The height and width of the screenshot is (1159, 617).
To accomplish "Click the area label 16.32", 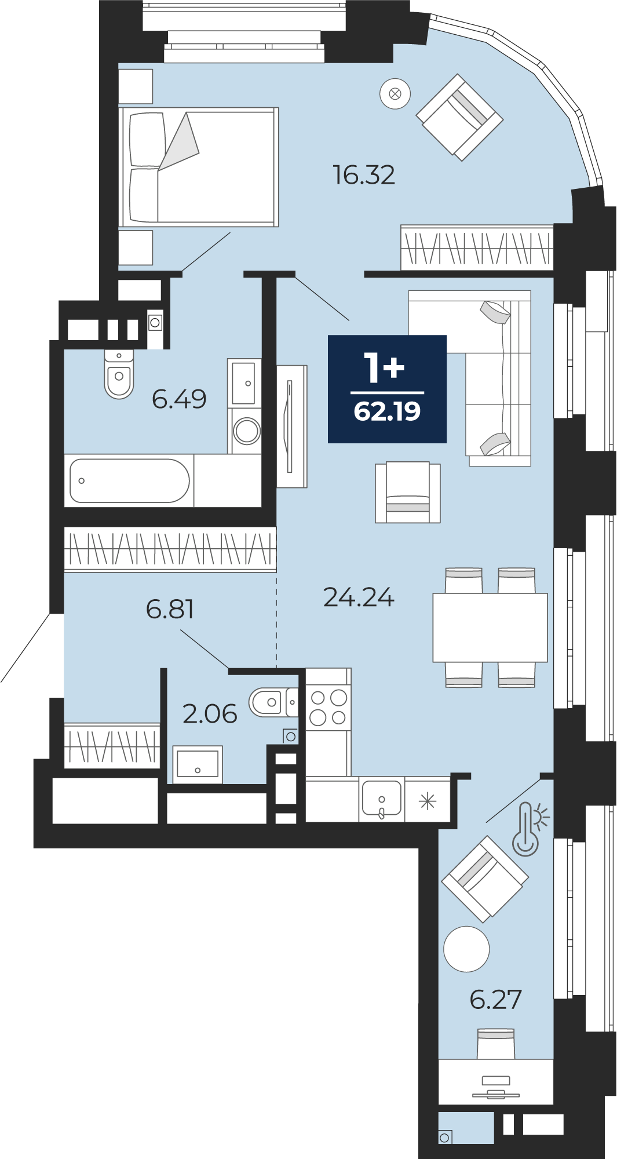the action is (x=364, y=175).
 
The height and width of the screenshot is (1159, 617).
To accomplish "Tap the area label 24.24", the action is (x=359, y=597).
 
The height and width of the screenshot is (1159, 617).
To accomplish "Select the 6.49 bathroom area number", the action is (x=179, y=399).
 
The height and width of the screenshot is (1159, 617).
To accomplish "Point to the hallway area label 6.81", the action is (x=170, y=609).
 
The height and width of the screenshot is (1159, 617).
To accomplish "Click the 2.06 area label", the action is (x=210, y=714).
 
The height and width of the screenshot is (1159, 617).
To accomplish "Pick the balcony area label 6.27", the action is (x=496, y=1000).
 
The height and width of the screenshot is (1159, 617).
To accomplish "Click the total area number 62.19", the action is (x=387, y=411).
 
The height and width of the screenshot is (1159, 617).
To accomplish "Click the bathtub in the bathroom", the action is (x=129, y=481).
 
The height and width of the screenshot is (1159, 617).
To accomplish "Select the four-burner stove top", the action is (x=328, y=708).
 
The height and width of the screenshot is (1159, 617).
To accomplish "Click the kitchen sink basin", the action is (x=381, y=798).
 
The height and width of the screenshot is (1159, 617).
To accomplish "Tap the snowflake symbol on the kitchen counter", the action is (x=428, y=801).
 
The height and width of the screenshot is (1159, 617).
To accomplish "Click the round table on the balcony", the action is (x=466, y=949).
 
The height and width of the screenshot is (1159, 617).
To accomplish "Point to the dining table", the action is (x=490, y=628).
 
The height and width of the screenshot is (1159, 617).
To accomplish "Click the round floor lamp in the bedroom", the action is (x=395, y=93).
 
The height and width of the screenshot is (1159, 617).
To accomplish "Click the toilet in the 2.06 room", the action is (x=273, y=702).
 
